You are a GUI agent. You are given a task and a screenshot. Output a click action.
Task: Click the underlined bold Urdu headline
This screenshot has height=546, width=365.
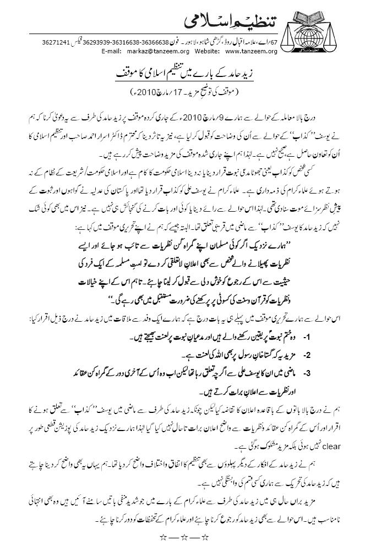click(182, 73)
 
